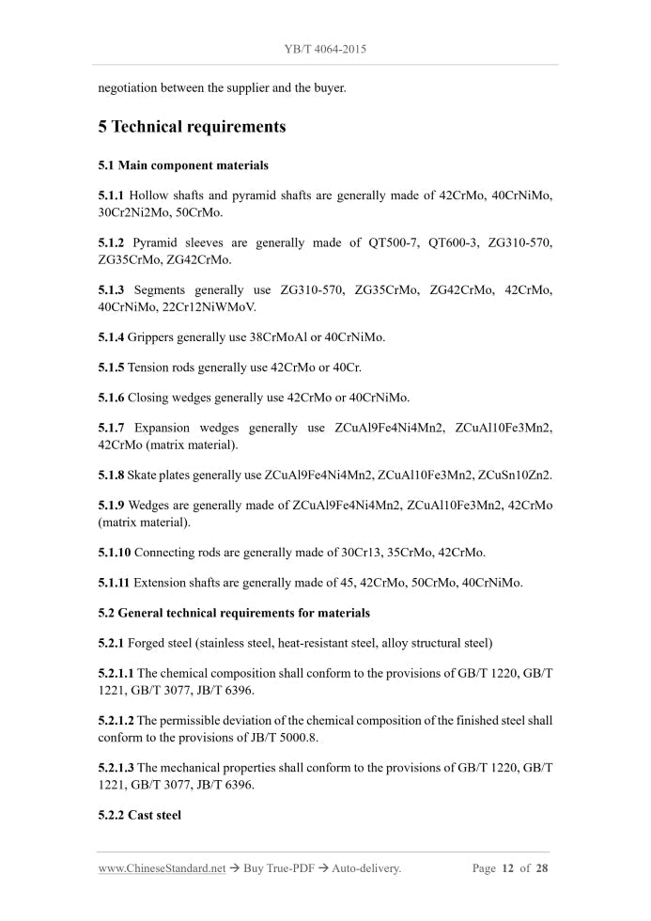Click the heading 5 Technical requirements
click(192, 127)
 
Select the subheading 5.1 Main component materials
click(183, 165)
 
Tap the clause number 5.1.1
click(111, 195)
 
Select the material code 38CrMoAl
click(287, 336)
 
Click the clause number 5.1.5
click(111, 367)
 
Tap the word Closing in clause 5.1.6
click(150, 397)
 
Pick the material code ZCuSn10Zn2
click(515, 475)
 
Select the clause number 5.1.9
click(111, 505)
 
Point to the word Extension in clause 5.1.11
click(161, 583)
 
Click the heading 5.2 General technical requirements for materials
click(234, 613)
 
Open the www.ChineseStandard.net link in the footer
click(162, 868)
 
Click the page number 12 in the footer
click(507, 868)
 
